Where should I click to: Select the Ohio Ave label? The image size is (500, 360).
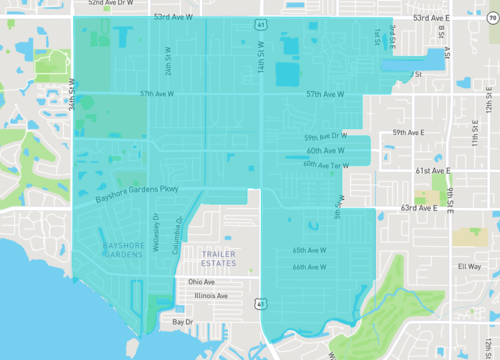click(x=203, y=281)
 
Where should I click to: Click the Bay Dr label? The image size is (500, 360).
click(x=182, y=322)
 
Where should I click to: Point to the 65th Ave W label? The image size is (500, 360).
click(x=310, y=250)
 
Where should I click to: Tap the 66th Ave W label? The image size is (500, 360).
click(x=310, y=267)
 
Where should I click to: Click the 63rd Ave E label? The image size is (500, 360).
click(x=418, y=208)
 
